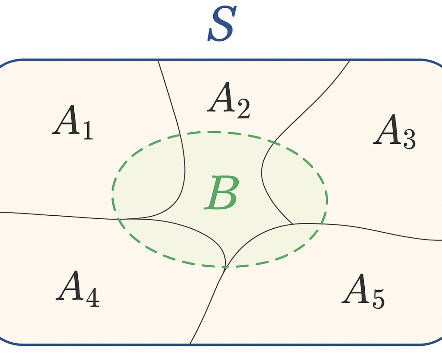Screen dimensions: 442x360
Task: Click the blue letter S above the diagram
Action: click(222, 23)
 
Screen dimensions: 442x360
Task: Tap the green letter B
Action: click(221, 192)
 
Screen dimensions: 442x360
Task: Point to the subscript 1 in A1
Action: click(88, 130)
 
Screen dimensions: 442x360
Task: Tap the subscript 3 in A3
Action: click(409, 139)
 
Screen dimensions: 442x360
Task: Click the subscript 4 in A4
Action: click(93, 297)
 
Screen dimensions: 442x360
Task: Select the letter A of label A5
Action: click(356, 288)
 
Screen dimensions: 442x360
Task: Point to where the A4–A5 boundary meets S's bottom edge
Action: click(190, 344)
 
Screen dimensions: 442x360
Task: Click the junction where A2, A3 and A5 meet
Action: click(292, 224)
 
